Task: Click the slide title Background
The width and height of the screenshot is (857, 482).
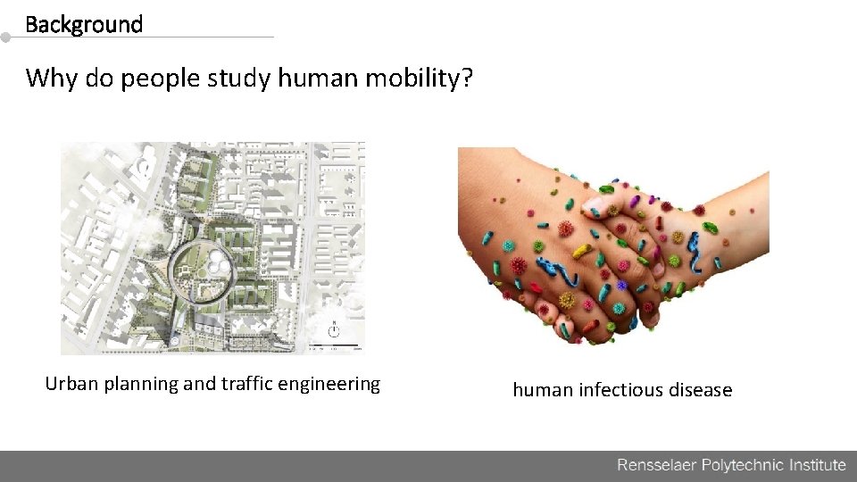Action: [84, 24]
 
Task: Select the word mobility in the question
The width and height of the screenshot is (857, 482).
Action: [409, 79]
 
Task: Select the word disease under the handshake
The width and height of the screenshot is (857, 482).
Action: [701, 390]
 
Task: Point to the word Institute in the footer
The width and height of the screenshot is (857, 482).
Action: [816, 464]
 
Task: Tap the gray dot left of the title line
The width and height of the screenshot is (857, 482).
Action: [5, 37]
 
